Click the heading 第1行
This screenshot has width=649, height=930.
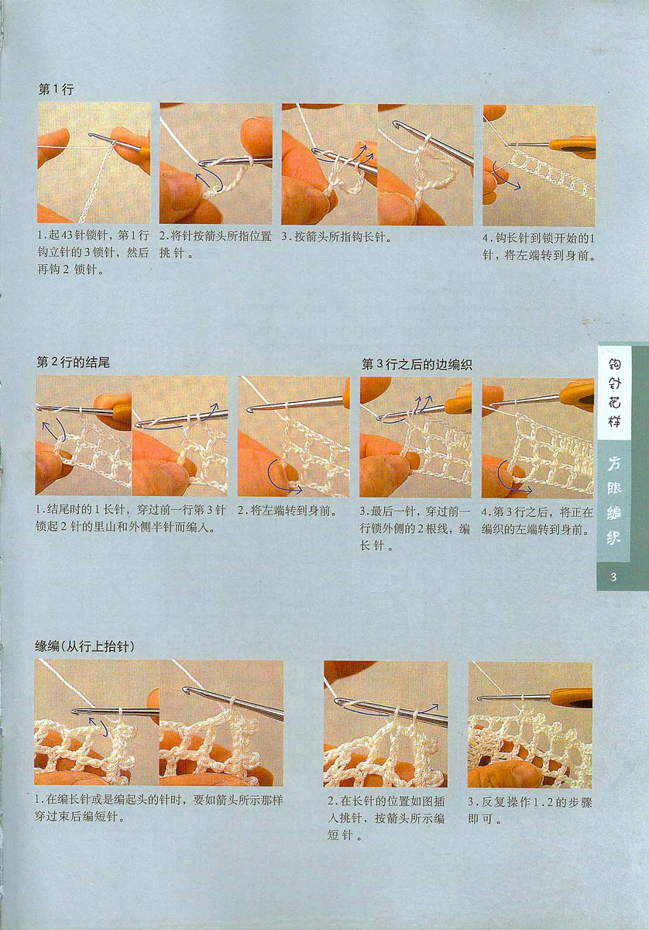(x=56, y=89)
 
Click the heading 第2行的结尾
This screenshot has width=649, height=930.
(x=73, y=363)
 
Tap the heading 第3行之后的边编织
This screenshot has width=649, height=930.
(x=417, y=364)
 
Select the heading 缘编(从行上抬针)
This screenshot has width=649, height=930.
(x=84, y=646)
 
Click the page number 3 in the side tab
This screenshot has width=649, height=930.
(x=613, y=577)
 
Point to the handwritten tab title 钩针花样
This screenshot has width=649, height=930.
(x=615, y=393)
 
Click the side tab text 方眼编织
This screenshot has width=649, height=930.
(x=614, y=501)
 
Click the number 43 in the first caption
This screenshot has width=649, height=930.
(x=67, y=236)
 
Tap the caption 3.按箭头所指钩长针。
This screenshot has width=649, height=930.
(x=337, y=237)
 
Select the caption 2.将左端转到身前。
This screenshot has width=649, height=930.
(x=287, y=510)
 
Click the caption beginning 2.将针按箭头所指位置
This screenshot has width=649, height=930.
(x=215, y=245)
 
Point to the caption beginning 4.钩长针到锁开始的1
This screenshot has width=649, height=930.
(x=539, y=246)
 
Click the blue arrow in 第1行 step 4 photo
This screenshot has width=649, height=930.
(x=506, y=177)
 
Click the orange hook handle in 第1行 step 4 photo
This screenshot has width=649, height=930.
(x=572, y=146)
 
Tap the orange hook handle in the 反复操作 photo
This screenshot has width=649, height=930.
(x=570, y=697)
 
